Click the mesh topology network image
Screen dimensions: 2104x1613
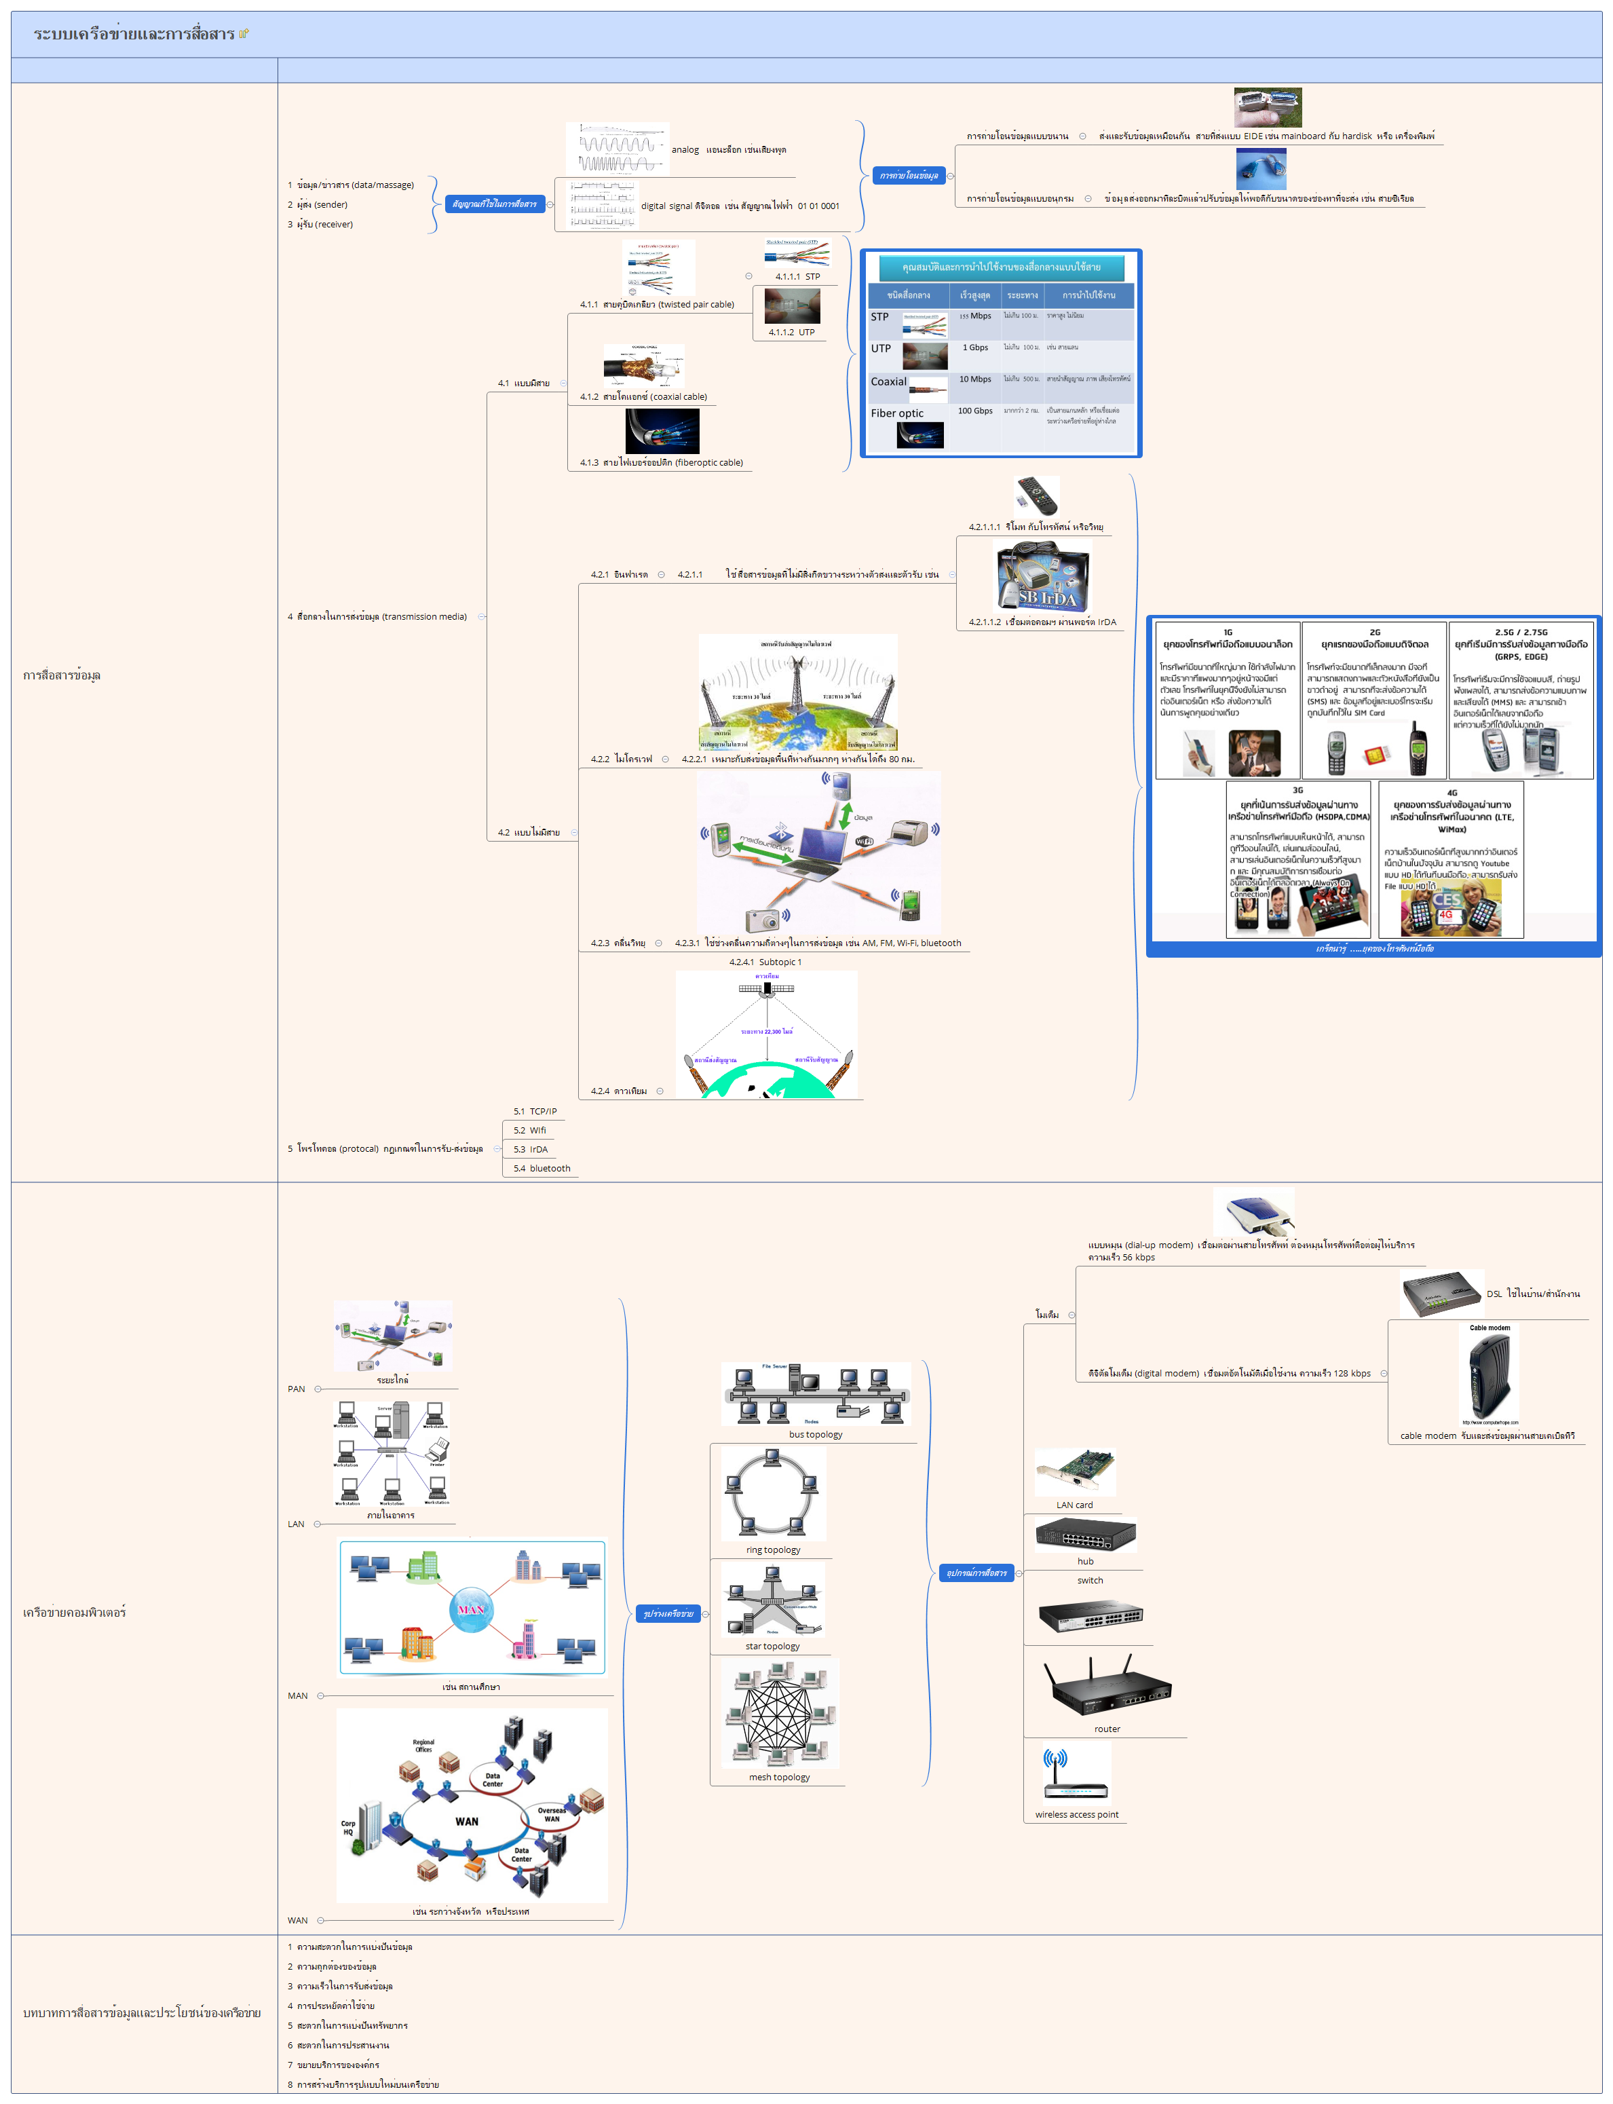780,1714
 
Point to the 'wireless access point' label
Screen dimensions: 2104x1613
1076,1814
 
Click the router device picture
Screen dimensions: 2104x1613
1107,1687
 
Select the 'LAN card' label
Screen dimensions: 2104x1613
1074,1505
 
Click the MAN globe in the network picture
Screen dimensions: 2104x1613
470,1609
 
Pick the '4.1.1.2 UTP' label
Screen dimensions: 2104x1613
791,333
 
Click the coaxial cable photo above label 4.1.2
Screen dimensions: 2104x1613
643,366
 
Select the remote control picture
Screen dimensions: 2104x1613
1036,495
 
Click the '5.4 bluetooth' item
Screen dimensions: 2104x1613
542,1169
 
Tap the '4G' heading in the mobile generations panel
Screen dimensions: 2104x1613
1451,793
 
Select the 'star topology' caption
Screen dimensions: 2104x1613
772,1646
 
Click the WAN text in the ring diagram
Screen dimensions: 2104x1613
467,1821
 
